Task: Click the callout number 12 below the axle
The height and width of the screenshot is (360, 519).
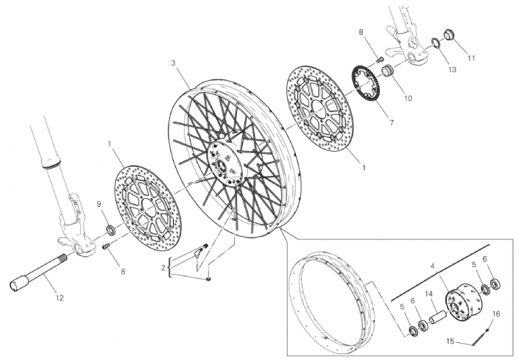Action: click(60, 298)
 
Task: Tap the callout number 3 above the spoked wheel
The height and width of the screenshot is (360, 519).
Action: click(174, 63)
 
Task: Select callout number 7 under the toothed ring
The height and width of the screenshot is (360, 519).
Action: click(392, 123)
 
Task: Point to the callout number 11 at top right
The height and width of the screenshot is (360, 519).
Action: click(471, 58)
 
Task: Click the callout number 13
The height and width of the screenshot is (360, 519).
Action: click(452, 69)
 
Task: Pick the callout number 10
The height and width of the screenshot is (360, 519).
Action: click(409, 98)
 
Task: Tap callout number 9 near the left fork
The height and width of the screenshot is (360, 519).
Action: click(99, 205)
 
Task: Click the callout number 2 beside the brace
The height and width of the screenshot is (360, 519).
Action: click(163, 268)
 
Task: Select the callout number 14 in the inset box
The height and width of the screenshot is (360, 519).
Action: click(429, 294)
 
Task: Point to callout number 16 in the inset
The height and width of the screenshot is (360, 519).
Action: click(496, 314)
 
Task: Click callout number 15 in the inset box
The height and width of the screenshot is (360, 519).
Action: click(451, 341)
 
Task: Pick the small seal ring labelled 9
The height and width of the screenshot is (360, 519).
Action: click(111, 230)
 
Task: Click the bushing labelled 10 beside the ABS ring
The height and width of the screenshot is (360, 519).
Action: click(387, 72)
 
